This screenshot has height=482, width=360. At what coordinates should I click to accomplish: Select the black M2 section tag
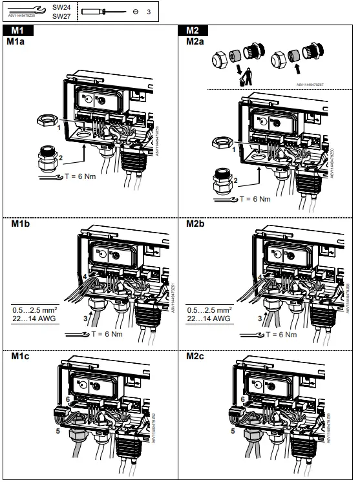point(193,30)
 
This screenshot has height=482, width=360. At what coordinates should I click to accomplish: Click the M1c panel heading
point(19,356)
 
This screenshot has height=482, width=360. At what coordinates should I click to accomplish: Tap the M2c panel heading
point(195,356)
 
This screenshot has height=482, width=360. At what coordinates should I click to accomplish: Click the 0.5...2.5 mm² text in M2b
point(209,309)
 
